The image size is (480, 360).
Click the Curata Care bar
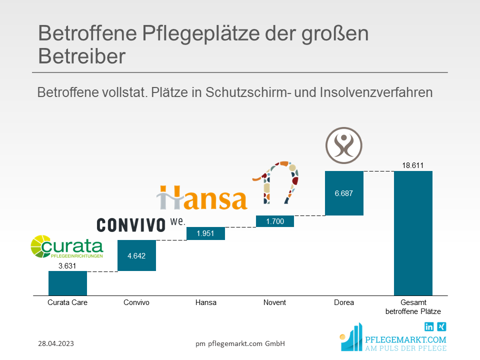pyautogui.click(x=67, y=283)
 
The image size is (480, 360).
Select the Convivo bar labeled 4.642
pyautogui.click(x=136, y=255)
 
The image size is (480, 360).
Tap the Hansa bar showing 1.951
pyautogui.click(x=205, y=233)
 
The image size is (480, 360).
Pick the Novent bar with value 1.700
pyautogui.click(x=274, y=221)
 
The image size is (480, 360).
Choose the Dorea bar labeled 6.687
pyautogui.click(x=344, y=193)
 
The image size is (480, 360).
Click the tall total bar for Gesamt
pyautogui.click(x=413, y=233)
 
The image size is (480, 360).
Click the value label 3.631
pyautogui.click(x=67, y=266)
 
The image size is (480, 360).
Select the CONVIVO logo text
pyautogui.click(x=131, y=225)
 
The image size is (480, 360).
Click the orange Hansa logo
pyautogui.click(x=202, y=197)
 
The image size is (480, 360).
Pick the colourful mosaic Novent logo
pyautogui.click(x=276, y=182)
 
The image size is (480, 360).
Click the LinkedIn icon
pyautogui.click(x=429, y=327)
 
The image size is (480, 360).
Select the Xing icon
pyautogui.click(x=442, y=327)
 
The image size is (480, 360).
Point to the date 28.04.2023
pyautogui.click(x=56, y=343)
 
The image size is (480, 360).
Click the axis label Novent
pyautogui.click(x=274, y=302)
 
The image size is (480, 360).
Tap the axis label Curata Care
pyautogui.click(x=67, y=302)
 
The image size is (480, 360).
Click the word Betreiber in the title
pyautogui.click(x=81, y=56)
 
